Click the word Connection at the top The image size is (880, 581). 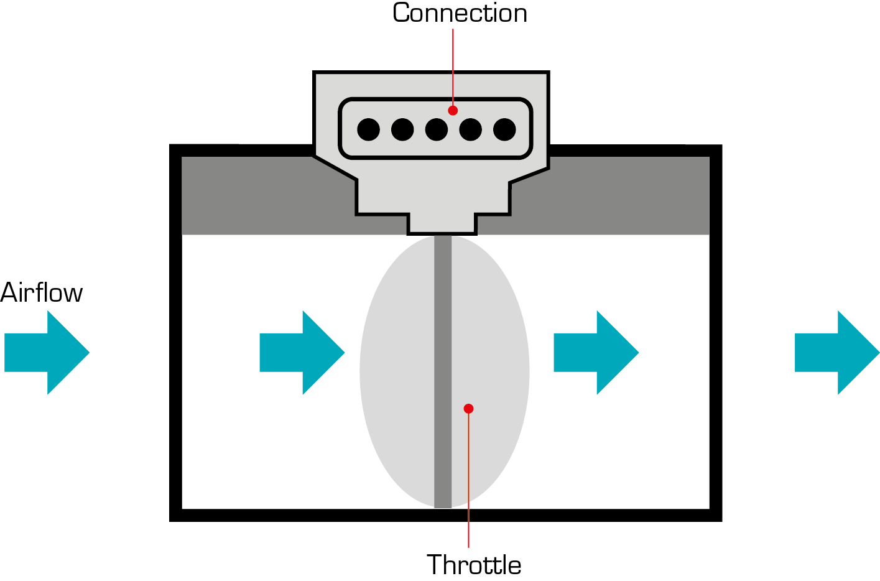(460, 13)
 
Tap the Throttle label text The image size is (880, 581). (474, 565)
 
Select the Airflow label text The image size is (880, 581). (42, 293)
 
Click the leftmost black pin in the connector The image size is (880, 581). (368, 129)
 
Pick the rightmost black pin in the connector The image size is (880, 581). (504, 129)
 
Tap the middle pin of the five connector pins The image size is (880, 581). (437, 129)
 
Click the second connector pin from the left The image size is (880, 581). (402, 129)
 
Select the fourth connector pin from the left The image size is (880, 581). (470, 129)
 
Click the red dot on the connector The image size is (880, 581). (453, 110)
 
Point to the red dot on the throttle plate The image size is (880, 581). (469, 409)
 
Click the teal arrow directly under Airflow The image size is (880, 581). (47, 353)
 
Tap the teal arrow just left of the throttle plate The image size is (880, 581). (302, 353)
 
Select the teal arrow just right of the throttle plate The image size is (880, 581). (596, 353)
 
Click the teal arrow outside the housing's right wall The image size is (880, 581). (837, 353)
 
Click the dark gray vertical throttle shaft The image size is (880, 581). (443, 348)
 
